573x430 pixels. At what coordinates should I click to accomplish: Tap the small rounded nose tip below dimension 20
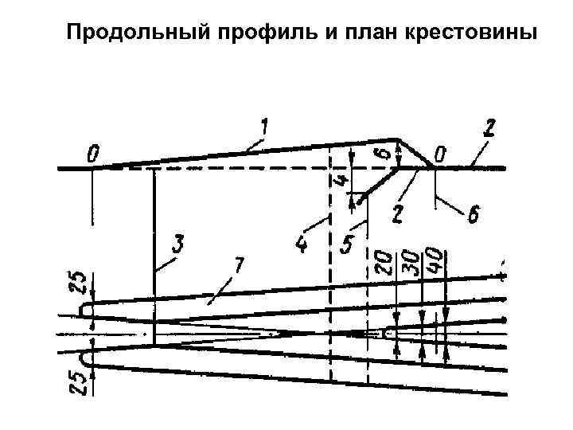[x=387, y=334]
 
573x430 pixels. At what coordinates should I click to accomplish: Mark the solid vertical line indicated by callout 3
[x=154, y=255]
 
